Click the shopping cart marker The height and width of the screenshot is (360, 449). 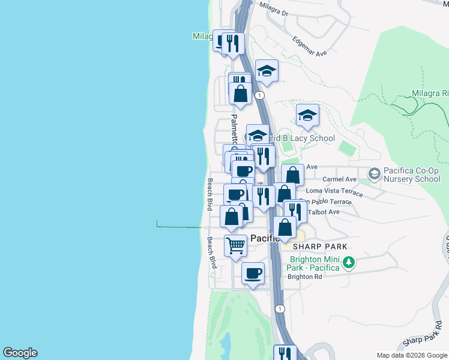click(236, 245)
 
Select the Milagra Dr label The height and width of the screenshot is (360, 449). click(274, 9)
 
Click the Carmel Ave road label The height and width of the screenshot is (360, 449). click(339, 179)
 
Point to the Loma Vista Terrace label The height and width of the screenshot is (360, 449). click(334, 191)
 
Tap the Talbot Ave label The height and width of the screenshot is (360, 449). click(324, 212)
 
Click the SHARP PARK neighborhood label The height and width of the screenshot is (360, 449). click(320, 247)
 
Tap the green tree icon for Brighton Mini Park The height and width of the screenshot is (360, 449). click(348, 262)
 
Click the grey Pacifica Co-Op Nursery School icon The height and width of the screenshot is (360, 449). click(375, 174)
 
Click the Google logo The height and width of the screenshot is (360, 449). click(20, 353)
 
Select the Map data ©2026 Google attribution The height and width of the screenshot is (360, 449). click(412, 355)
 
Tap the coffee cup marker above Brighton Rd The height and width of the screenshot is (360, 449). click(253, 273)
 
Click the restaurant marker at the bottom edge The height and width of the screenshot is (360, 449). click(285, 353)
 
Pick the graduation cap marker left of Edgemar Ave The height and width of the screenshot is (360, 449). click(267, 71)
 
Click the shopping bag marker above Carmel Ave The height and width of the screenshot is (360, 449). click(292, 175)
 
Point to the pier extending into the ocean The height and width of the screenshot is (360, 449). click(180, 227)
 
